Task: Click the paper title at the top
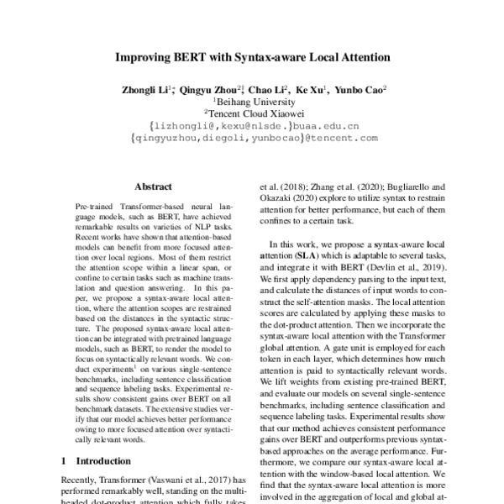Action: tap(252, 58)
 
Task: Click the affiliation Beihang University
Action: tap(253, 101)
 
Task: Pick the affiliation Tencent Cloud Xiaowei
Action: tap(253, 113)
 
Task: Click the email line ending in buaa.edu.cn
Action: tap(252, 127)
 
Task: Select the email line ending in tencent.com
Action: tap(252, 139)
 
